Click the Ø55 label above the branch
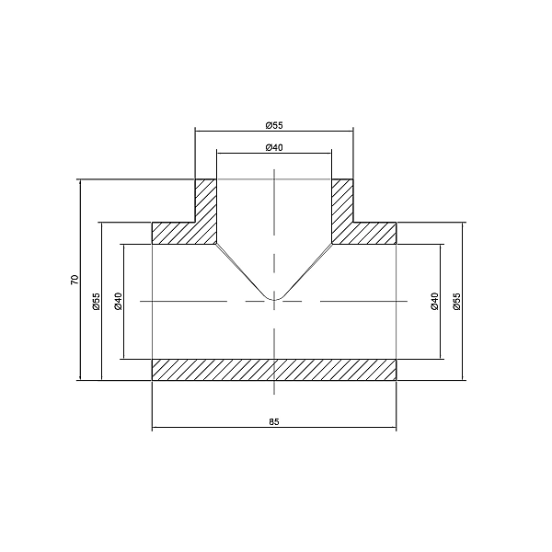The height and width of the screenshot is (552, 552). [273, 124]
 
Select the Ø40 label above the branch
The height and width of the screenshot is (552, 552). [273, 147]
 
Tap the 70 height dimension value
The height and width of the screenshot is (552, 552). [75, 280]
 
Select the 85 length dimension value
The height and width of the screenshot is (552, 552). [274, 421]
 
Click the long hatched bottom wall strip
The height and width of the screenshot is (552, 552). [274, 369]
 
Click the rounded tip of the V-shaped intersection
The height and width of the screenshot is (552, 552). [274, 298]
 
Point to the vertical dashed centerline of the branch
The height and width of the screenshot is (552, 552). [274, 212]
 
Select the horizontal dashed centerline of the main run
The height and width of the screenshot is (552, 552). [184, 301]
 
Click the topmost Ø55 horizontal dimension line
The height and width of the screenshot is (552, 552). [230, 131]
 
